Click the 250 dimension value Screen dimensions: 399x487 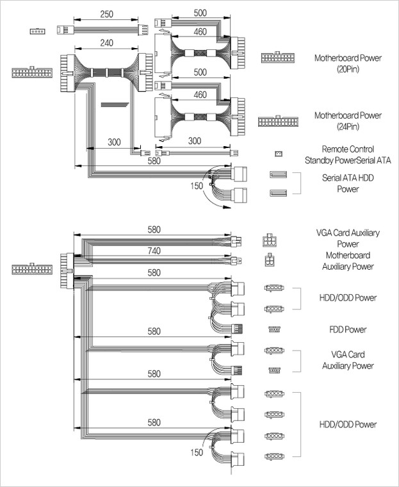click(107, 14)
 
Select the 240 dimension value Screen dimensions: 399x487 click(106, 43)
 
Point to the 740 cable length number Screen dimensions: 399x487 click(154, 251)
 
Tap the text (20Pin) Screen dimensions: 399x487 click(348, 69)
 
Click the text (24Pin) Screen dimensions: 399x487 click(348, 126)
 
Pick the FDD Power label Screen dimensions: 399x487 click(348, 329)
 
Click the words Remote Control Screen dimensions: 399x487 click(348, 149)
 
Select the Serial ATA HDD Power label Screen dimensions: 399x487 click(348, 183)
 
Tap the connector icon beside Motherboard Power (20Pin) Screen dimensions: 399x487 click(278, 58)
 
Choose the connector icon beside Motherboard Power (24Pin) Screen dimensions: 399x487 click(278, 121)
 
